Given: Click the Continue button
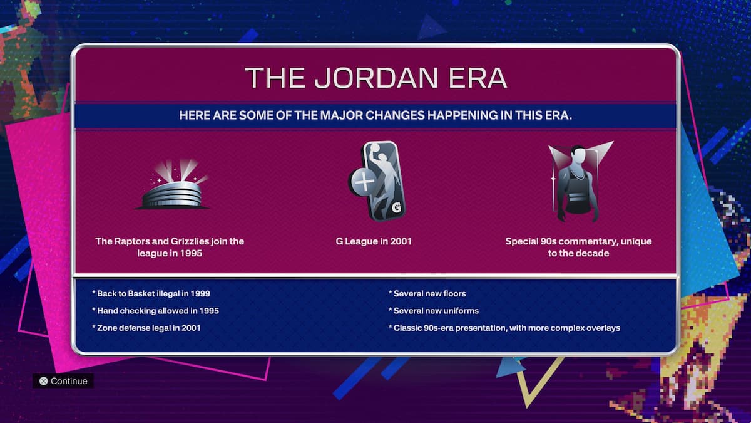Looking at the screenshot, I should [63, 381].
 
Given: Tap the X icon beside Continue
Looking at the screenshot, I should [43, 381].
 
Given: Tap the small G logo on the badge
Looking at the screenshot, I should [396, 207].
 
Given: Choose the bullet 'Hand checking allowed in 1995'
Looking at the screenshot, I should [155, 311].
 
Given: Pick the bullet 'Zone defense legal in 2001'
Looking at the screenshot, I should [146, 328].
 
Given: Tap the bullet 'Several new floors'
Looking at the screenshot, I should [427, 293].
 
